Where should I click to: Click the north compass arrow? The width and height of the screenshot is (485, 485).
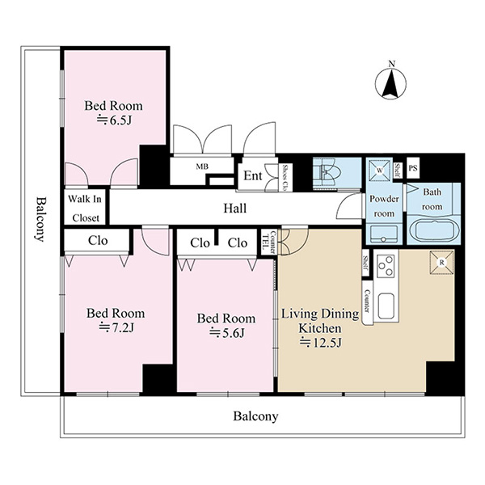click(390, 84)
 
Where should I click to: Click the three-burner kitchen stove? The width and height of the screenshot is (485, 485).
click(386, 265)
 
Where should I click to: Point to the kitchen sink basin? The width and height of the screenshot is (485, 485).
click(386, 306)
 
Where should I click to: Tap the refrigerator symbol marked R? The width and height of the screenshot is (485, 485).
click(441, 263)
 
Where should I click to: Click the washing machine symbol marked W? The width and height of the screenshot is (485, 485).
click(380, 171)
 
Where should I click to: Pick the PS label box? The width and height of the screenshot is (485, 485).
click(413, 168)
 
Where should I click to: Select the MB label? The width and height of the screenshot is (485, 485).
click(202, 167)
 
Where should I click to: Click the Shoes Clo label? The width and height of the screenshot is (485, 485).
click(285, 177)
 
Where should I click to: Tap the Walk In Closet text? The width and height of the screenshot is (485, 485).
click(85, 209)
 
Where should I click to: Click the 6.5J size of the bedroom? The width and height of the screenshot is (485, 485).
click(115, 120)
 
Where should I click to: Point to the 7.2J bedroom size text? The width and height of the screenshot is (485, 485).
click(116, 327)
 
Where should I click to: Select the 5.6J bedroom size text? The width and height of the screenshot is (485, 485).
click(227, 332)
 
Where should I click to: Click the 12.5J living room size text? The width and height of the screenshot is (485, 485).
click(320, 343)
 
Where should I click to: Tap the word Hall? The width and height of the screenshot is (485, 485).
click(235, 209)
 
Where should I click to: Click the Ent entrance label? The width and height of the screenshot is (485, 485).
click(253, 175)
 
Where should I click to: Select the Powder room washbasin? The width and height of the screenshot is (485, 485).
click(384, 234)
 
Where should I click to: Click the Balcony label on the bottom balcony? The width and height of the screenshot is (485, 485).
click(255, 416)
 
